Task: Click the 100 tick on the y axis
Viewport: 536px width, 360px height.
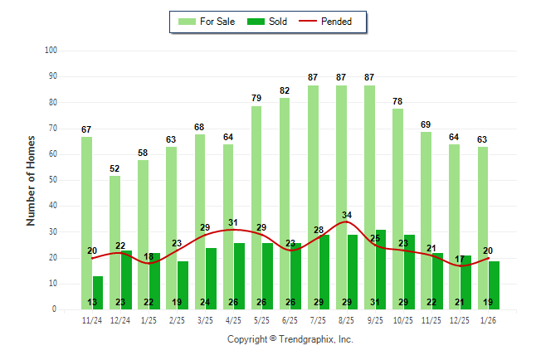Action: (x=50, y=51)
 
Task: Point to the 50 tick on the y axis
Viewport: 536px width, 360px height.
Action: (x=51, y=180)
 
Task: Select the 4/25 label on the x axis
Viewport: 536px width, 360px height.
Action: (x=234, y=320)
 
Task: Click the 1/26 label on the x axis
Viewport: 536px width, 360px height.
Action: (x=488, y=320)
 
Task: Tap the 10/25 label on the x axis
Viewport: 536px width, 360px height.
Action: (x=403, y=320)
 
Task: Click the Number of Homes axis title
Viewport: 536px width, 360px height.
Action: (x=32, y=180)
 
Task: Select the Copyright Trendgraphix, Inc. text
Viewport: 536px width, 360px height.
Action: (x=290, y=339)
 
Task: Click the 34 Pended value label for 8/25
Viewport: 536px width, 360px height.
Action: (x=347, y=216)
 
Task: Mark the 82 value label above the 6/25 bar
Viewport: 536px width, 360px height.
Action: (x=285, y=90)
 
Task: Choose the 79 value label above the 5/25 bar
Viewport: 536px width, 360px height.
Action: (x=256, y=98)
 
